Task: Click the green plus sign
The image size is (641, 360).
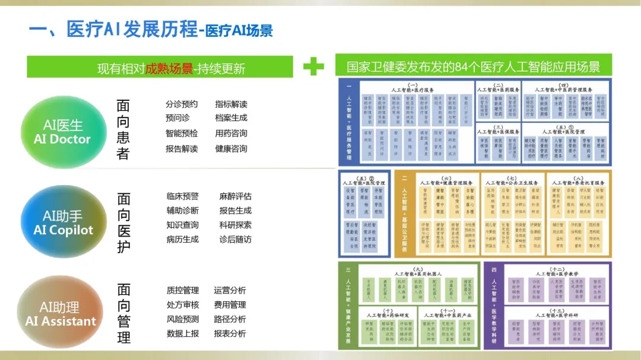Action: [x=313, y=66]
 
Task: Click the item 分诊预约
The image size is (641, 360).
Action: [x=182, y=104]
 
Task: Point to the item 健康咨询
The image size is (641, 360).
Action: [x=231, y=149]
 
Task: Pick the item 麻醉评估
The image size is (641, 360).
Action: [x=235, y=196]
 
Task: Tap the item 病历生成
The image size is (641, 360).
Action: [x=183, y=240]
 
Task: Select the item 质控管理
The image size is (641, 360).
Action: [x=183, y=291]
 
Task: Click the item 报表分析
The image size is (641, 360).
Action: [x=230, y=333]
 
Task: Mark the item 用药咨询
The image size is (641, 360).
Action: [x=231, y=133]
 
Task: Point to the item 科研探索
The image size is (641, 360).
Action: [x=235, y=225]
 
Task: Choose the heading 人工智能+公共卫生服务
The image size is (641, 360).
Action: [x=512, y=183]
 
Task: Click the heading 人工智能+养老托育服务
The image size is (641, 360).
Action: [x=579, y=183]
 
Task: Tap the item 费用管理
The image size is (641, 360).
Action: [x=230, y=305]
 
